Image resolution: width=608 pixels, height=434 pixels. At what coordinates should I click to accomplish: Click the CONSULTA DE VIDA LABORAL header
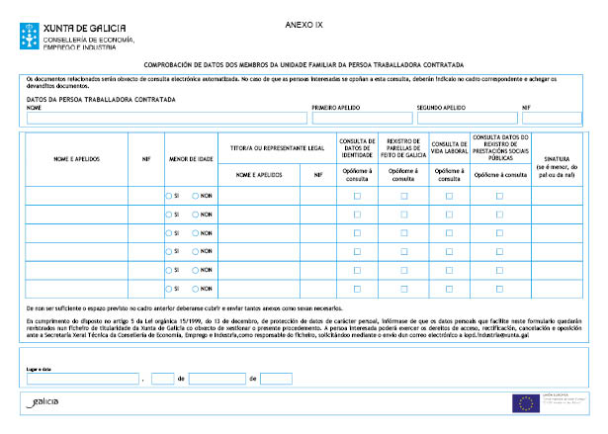pos(449,145)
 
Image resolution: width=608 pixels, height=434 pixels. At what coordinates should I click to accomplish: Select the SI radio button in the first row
pos(169,196)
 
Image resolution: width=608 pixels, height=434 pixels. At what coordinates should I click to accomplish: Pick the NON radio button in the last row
pos(196,289)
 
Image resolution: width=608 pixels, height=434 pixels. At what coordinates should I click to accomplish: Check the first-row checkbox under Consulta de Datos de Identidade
pos(357,196)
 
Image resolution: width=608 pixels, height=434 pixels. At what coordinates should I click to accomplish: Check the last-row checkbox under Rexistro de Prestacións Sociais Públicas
pos(499,289)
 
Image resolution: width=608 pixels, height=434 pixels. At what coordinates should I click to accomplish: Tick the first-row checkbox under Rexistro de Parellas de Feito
pos(403,196)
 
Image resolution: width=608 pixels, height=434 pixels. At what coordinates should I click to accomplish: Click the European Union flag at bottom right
pos(524,402)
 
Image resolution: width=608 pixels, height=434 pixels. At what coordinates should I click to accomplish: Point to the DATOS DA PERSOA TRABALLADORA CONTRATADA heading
pos(101,100)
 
